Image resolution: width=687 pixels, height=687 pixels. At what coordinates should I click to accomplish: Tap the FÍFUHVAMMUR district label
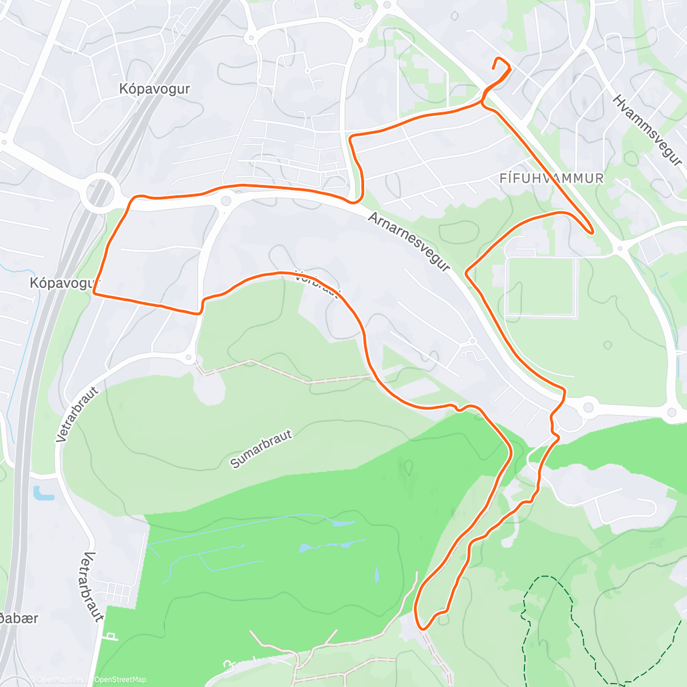click(x=551, y=179)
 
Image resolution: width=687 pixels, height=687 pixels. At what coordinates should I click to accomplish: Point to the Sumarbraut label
click(x=261, y=449)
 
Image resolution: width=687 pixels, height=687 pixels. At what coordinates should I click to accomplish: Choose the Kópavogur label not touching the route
click(x=155, y=89)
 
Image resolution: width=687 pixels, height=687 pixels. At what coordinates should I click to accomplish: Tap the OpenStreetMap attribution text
click(x=120, y=680)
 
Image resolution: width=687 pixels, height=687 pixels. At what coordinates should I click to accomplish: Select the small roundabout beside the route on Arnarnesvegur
click(x=226, y=200)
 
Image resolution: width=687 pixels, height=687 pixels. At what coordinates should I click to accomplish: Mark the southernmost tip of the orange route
click(x=423, y=628)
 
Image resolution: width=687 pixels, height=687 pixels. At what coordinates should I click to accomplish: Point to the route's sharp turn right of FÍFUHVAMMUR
click(x=591, y=232)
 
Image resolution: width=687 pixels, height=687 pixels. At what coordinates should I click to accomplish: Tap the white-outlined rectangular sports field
click(x=540, y=286)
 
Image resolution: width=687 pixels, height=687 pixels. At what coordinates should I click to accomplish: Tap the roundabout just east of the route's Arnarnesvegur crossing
click(x=589, y=408)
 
